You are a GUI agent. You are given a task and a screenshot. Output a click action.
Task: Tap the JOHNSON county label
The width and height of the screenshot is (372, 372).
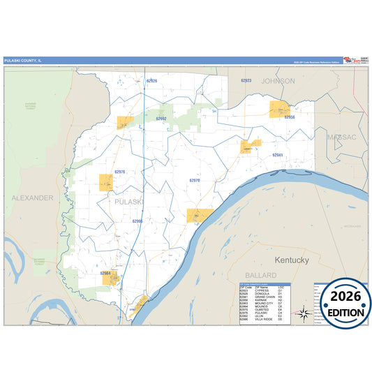pyautogui.click(x=278, y=81)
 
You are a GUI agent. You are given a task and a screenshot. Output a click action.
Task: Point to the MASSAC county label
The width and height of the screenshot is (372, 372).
pyautogui.click(x=341, y=137)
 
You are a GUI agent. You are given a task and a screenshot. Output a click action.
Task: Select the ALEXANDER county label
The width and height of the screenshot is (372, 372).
pyautogui.click(x=32, y=198)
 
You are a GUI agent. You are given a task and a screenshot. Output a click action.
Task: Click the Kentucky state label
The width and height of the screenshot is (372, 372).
pyautogui.click(x=292, y=260)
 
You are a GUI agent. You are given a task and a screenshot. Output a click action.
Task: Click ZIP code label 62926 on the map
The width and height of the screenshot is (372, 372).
pyautogui.click(x=151, y=81)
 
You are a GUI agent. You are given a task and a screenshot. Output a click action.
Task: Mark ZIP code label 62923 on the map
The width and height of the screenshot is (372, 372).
pyautogui.click(x=246, y=81)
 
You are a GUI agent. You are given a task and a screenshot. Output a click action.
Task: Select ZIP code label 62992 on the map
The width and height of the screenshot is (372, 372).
pyautogui.click(x=161, y=119)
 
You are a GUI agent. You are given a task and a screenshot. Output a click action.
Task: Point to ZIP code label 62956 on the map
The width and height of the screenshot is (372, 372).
pyautogui.click(x=290, y=117)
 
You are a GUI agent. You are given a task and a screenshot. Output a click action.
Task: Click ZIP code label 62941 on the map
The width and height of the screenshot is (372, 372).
pyautogui.click(x=277, y=155)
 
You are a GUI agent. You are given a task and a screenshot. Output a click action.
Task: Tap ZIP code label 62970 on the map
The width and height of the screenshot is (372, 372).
pyautogui.click(x=195, y=180)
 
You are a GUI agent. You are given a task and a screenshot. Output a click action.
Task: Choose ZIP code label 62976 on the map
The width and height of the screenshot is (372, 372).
pyautogui.click(x=119, y=172)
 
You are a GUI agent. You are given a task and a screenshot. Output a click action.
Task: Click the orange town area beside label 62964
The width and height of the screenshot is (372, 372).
pyautogui.click(x=111, y=279)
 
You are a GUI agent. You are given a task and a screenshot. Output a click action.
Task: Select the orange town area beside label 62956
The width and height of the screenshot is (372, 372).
pyautogui.click(x=280, y=107)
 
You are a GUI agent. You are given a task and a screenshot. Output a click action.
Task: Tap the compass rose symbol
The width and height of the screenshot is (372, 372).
pyautogui.click(x=303, y=313)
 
